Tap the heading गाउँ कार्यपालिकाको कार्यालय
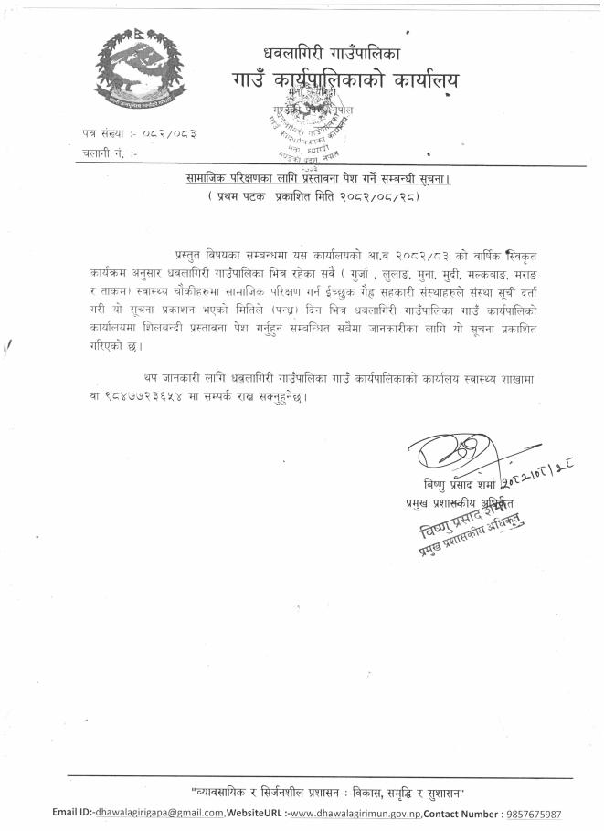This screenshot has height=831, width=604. [345, 82]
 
